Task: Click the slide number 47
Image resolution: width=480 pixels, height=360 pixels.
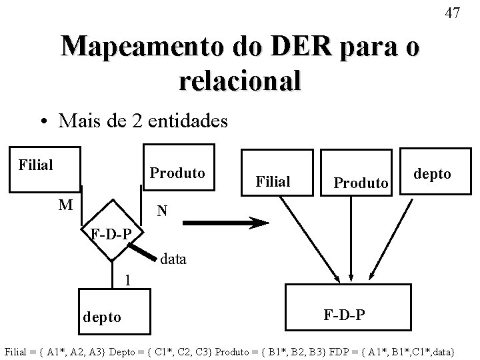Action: click(x=453, y=13)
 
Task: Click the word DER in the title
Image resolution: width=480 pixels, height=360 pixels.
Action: click(x=301, y=46)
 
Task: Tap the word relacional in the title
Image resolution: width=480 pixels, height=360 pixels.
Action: click(x=240, y=80)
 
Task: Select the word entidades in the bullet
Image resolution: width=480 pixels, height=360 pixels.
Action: click(x=187, y=120)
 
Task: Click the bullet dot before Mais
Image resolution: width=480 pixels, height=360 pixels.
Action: click(x=45, y=121)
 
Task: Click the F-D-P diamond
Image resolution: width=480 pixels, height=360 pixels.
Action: click(x=112, y=230)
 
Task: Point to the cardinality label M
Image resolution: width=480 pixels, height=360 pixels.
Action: click(x=66, y=205)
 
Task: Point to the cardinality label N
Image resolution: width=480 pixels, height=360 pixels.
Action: click(x=162, y=211)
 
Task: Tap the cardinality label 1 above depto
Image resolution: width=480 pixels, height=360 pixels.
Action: click(x=127, y=280)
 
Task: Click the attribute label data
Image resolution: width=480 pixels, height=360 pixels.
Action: click(x=173, y=259)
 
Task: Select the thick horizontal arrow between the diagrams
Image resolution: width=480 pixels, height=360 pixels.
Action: click(x=226, y=223)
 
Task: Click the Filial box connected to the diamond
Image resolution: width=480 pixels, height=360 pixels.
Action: click(x=45, y=169)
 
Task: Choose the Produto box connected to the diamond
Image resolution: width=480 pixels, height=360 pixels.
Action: click(x=179, y=167)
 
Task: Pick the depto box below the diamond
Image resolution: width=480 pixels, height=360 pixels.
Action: click(x=115, y=311)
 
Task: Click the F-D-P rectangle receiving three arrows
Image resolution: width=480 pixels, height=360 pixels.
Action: click(x=348, y=307)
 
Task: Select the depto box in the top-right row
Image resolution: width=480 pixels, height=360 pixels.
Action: click(x=435, y=171)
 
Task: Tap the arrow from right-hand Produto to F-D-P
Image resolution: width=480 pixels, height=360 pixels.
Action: click(x=351, y=239)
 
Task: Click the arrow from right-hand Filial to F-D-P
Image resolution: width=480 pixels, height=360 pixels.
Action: click(x=310, y=240)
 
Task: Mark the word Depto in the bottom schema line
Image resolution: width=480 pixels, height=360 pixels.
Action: click(x=122, y=352)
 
